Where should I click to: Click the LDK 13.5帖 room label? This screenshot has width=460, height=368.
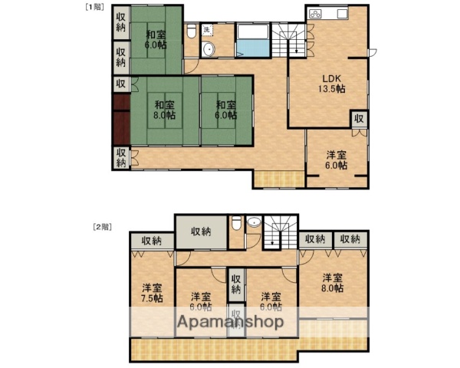tap(332, 84)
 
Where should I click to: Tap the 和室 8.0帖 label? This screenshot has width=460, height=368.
tap(163, 110)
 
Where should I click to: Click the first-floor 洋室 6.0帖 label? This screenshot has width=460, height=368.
tap(336, 159)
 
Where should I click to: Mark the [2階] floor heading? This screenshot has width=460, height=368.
tap(101, 226)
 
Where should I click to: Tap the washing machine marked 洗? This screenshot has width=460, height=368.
tap(207, 30)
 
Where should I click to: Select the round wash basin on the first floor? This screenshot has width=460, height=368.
tap(208, 51)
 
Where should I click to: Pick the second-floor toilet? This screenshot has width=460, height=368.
tap(236, 225)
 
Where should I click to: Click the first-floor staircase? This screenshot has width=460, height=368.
tap(292, 38)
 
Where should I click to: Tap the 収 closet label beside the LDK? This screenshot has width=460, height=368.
tap(359, 119)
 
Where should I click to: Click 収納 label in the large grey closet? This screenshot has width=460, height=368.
tap(201, 231)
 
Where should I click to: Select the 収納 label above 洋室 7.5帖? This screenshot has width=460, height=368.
tap(152, 241)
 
